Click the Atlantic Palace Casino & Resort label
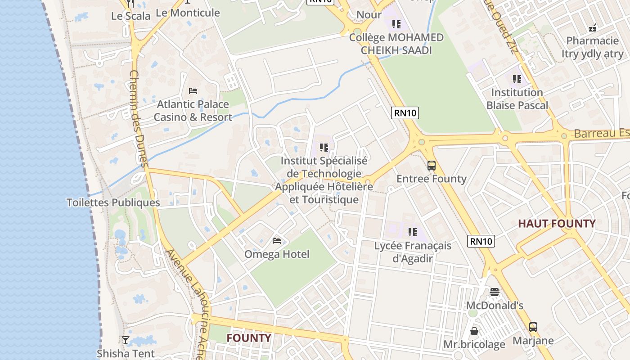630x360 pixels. tap(193, 111)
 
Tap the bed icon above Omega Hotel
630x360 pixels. tap(277, 241)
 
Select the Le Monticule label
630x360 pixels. tap(188, 13)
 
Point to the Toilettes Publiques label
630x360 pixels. tap(113, 202)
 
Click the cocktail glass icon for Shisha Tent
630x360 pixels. tap(126, 340)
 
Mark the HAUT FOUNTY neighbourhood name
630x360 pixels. tap(557, 223)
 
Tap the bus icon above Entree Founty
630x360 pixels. tap(432, 165)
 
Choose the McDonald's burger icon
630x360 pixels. tap(495, 292)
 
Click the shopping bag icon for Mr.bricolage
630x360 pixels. tap(474, 331)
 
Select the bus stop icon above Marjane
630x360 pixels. tap(533, 327)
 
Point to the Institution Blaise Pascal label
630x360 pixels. tap(517, 99)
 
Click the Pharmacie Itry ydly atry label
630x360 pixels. tap(592, 47)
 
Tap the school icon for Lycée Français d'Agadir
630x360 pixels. tap(412, 232)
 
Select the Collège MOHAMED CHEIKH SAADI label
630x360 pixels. tap(396, 44)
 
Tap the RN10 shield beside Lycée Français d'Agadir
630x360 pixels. tap(481, 241)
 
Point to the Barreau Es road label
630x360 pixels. tap(601, 134)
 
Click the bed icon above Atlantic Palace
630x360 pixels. tap(193, 90)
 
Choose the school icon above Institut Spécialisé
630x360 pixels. tap(324, 147)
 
